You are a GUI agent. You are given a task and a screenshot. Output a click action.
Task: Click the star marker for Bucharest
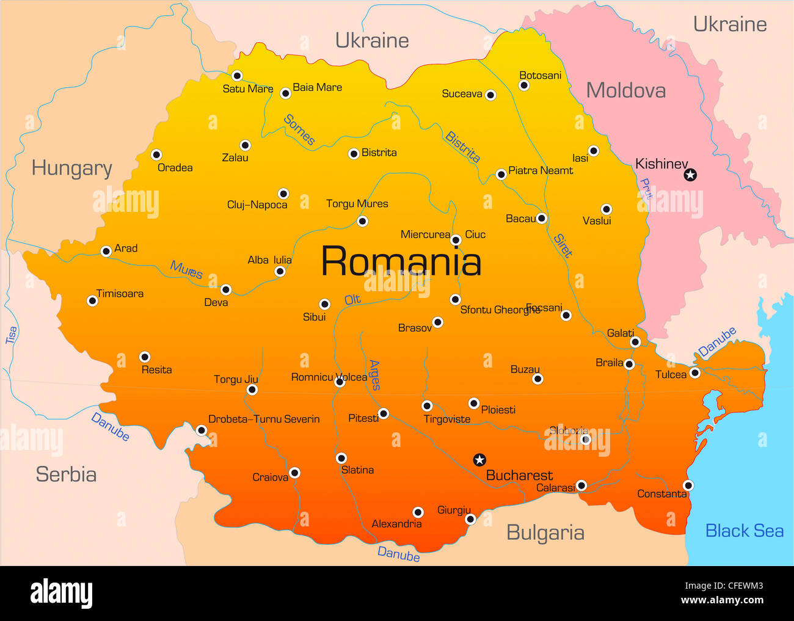tap(479, 460)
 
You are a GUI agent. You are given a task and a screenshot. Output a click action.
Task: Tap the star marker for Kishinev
tap(690, 175)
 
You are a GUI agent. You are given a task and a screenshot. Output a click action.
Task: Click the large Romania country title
tap(401, 261)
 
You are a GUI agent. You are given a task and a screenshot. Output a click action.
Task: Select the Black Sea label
tap(744, 531)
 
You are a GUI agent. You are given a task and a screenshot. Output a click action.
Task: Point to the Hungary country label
tap(72, 168)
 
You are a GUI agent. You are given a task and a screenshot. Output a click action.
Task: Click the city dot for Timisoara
tap(92, 300)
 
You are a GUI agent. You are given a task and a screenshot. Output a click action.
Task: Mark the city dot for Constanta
tap(688, 485)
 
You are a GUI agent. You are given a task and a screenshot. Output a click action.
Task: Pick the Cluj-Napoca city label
tap(257, 205)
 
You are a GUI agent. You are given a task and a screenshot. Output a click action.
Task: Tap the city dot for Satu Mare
tap(237, 76)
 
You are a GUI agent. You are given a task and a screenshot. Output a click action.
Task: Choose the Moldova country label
tap(626, 90)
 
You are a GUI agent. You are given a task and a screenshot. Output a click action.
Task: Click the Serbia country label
tap(66, 474)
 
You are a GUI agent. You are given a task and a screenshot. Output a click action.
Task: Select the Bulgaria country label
tap(545, 532)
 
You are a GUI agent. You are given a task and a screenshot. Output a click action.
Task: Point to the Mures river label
tap(186, 269)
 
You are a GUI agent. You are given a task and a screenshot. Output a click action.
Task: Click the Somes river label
tap(299, 130)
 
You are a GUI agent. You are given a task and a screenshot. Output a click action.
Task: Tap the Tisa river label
tap(12, 335)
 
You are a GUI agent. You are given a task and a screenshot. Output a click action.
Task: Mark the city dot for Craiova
tap(294, 473)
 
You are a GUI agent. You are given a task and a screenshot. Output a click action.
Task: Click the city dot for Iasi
tap(593, 151)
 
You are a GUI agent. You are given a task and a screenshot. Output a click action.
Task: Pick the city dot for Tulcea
tap(694, 373)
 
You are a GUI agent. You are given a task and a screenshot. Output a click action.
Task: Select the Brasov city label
tap(415, 328)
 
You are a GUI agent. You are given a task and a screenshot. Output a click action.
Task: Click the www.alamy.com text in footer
tap(722, 600)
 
